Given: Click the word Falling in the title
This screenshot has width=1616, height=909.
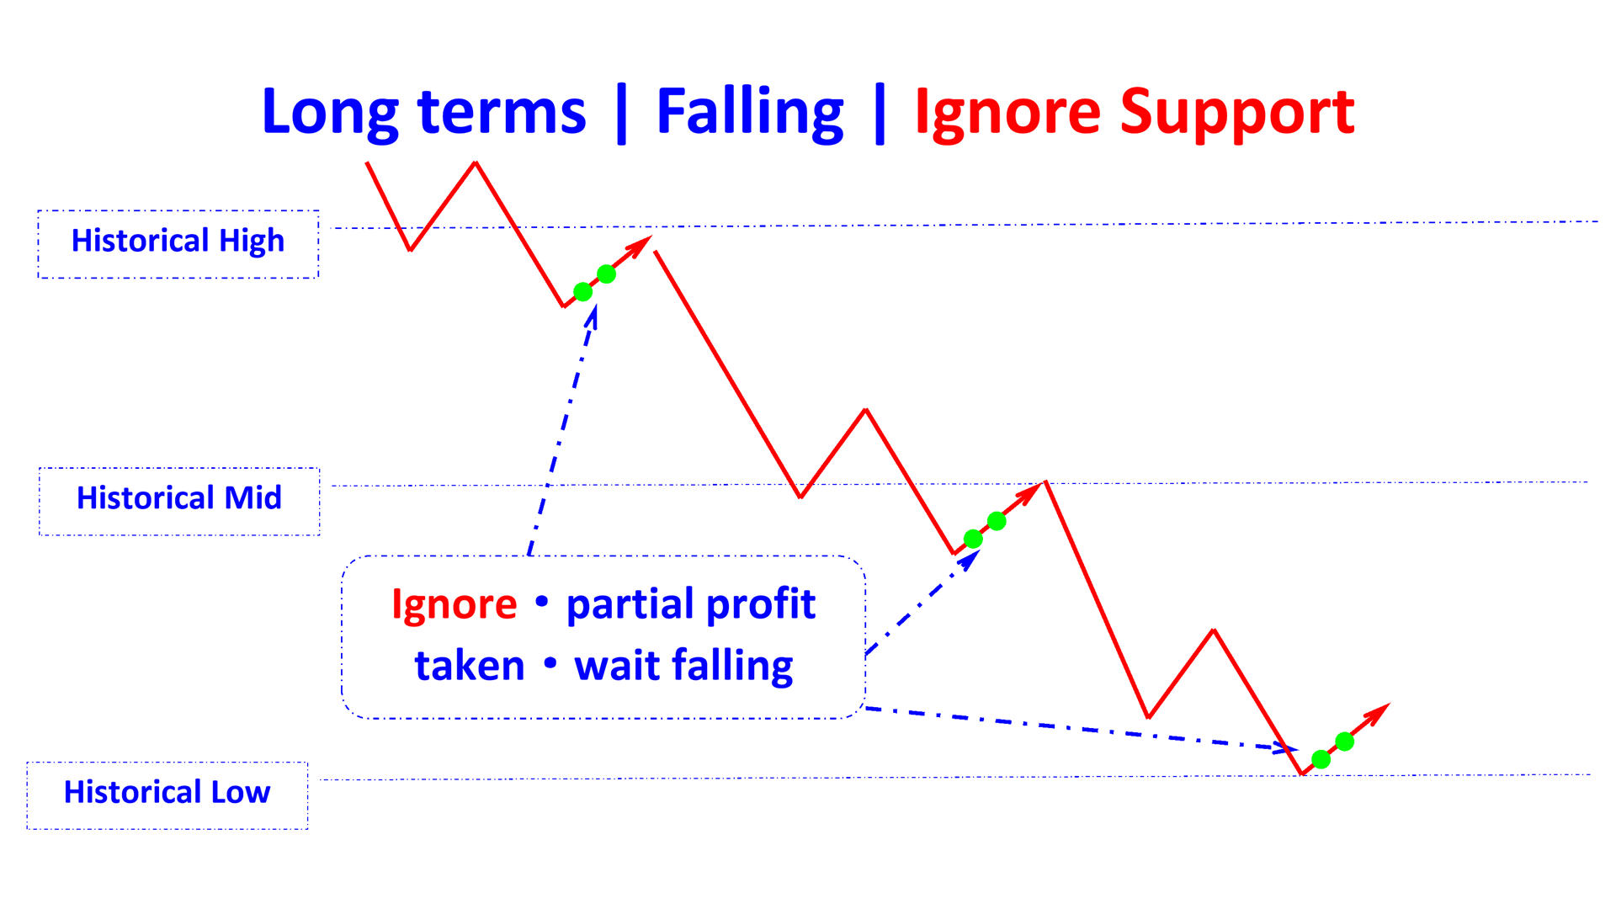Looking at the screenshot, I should point(749,112).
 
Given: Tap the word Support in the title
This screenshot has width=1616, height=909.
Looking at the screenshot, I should point(1237,112).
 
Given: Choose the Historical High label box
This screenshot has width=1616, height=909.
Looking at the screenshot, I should point(178,244).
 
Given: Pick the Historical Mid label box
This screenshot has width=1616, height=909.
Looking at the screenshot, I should point(179,501).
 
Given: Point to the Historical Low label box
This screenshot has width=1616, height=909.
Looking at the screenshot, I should point(167,795).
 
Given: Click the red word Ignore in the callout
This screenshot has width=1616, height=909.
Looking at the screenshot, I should point(454,604).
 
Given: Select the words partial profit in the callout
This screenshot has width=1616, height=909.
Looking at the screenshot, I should point(690,604).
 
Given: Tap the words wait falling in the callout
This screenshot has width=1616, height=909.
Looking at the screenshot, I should point(683,666).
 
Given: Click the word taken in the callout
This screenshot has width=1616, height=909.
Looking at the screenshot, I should point(470,666).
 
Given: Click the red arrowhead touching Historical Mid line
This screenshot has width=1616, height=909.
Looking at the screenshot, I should point(1033,490).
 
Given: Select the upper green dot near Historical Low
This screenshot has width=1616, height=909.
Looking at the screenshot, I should point(1345,742).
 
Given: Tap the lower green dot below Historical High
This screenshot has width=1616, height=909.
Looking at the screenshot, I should point(582,292).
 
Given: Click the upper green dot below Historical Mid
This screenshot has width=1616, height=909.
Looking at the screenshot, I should point(997,521).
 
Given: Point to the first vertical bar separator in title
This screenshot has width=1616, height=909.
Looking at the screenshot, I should point(621,114).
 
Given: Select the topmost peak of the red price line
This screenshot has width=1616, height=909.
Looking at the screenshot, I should point(476,162).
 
